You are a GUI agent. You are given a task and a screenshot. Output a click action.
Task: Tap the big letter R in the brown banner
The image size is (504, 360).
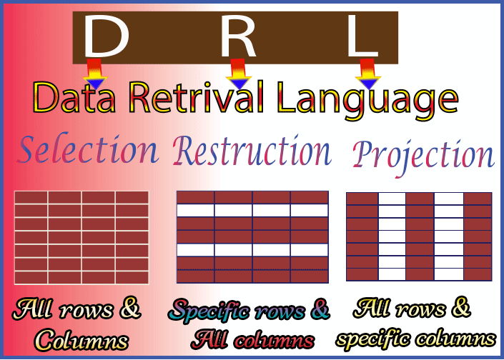click(x=238, y=36)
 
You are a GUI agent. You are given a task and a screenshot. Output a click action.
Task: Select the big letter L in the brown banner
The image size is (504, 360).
click(x=362, y=36)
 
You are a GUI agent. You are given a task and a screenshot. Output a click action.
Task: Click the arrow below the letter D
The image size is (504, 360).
click(x=95, y=74)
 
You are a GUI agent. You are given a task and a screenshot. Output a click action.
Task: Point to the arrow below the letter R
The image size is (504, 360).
click(x=239, y=74)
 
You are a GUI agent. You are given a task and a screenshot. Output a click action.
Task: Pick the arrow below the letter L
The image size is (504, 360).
click(x=368, y=74)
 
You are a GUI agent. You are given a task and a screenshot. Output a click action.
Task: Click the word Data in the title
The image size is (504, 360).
click(x=74, y=97)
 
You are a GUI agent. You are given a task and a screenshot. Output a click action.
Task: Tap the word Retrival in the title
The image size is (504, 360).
click(x=197, y=96)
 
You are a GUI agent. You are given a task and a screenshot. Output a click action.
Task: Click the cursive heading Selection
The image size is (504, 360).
click(x=87, y=149)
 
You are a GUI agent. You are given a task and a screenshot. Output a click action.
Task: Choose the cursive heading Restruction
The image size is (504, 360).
click(x=252, y=150)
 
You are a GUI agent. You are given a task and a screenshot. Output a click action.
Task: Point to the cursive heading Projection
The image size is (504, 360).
click(x=423, y=157)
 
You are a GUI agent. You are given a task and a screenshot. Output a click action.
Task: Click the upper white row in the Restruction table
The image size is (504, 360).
click(x=252, y=210)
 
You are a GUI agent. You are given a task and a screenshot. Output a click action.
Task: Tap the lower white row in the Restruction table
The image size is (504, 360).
click(x=252, y=250)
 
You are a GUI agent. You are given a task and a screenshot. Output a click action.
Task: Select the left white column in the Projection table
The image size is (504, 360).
click(x=392, y=236)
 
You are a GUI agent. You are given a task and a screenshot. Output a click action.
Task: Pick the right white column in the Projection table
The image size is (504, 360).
click(x=449, y=236)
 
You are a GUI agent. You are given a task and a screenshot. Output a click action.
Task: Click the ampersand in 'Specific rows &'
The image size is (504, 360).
click(x=321, y=309)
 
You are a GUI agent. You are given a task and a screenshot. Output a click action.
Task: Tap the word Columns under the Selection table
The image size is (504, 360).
click(x=81, y=340)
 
